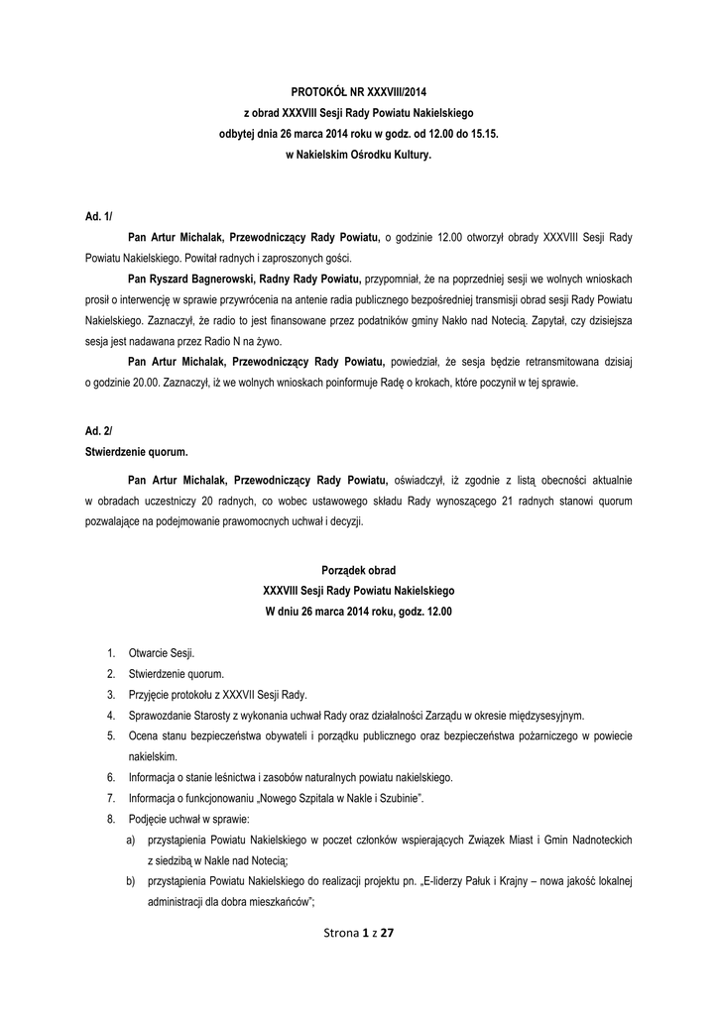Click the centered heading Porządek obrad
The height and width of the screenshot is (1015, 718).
click(x=358, y=570)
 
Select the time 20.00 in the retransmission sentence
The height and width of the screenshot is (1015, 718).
click(x=152, y=384)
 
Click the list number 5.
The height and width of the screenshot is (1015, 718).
click(x=110, y=735)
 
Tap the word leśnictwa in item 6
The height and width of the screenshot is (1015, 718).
click(x=230, y=777)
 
